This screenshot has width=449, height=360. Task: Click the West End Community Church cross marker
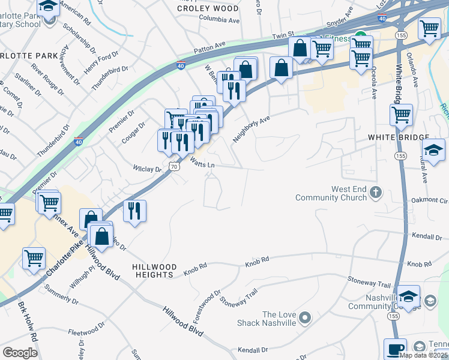(x=376, y=193)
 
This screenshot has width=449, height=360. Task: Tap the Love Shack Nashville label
(x=279, y=319)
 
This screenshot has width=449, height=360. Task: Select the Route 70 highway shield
(x=173, y=165)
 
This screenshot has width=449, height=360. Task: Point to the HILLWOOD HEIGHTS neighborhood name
(x=155, y=271)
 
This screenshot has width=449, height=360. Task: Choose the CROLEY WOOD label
(x=200, y=8)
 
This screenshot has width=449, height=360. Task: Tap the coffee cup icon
(x=396, y=349)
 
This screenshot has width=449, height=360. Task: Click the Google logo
(x=20, y=352)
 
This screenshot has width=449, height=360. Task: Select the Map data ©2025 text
(x=423, y=355)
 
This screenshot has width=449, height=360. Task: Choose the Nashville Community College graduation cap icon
(x=408, y=296)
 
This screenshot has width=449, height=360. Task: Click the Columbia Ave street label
(x=219, y=20)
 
